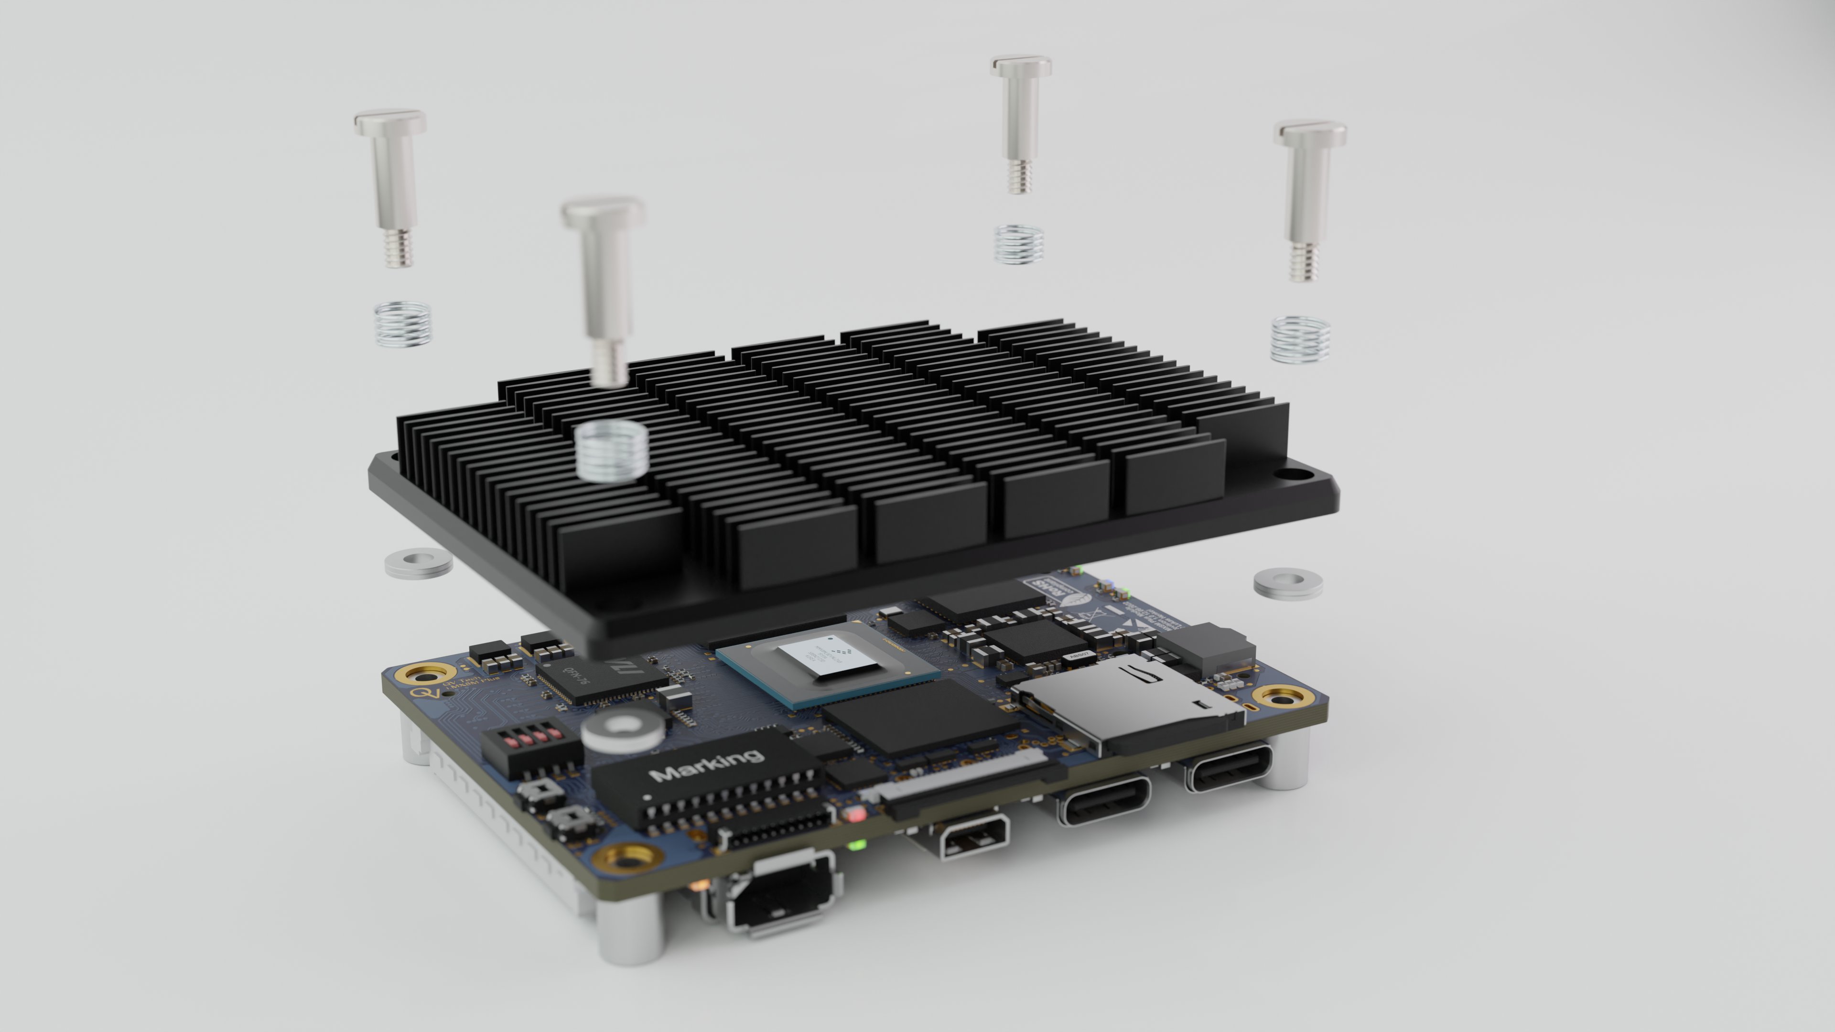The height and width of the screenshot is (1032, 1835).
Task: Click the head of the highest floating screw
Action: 1021,67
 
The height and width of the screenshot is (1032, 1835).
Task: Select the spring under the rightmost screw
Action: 1300,339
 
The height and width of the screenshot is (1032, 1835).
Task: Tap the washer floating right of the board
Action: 1288,583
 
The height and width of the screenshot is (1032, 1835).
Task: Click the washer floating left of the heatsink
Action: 418,563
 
